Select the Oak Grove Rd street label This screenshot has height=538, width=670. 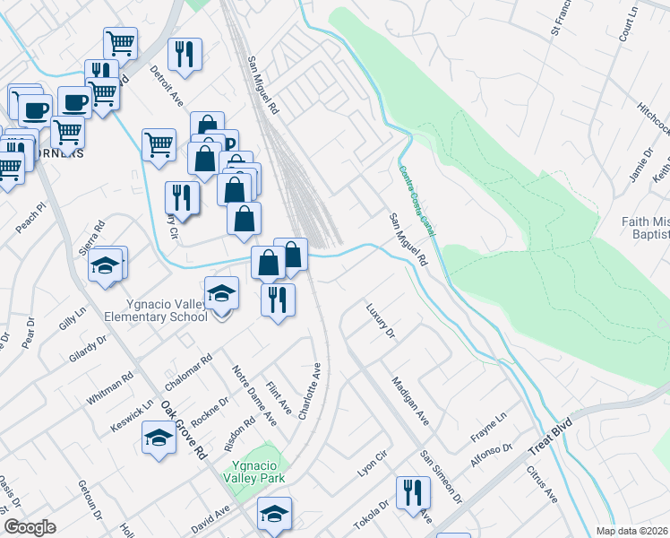pos(184,429)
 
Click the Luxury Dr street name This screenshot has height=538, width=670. pos(380,321)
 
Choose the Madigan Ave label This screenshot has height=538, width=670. pos(410,401)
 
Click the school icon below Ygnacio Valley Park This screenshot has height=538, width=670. pos(274,514)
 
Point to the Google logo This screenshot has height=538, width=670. pos(30,527)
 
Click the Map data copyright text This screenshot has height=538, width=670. pos(631,531)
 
